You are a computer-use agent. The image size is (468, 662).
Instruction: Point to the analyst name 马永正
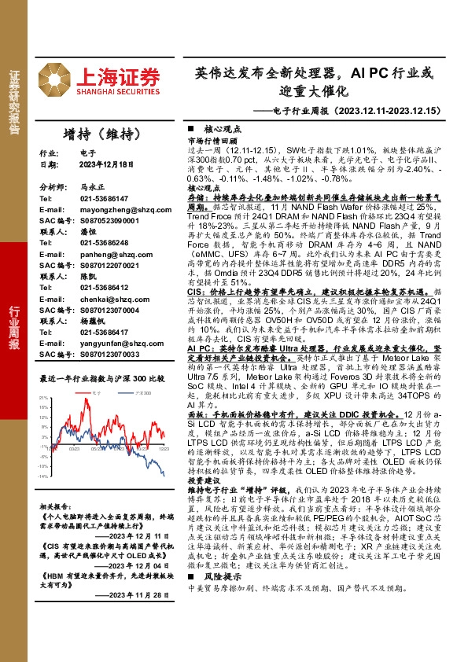(x=91, y=189)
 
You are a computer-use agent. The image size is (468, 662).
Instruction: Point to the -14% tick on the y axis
(x=44, y=476)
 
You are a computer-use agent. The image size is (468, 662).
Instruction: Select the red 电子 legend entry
(x=97, y=391)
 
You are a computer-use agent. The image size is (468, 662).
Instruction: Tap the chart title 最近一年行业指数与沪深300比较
(x=101, y=378)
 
